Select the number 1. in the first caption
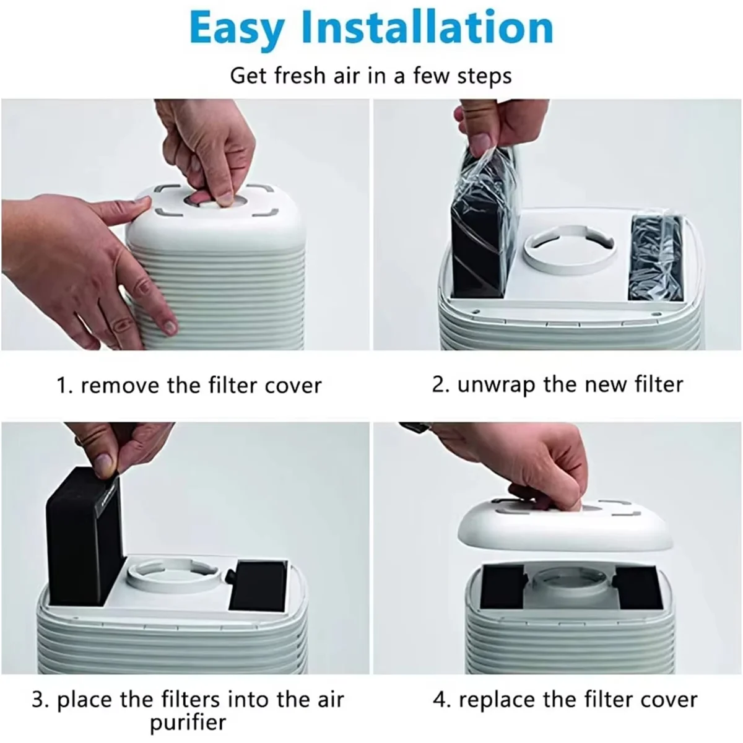[65, 386]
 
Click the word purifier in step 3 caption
[188, 722]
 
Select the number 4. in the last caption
[442, 700]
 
